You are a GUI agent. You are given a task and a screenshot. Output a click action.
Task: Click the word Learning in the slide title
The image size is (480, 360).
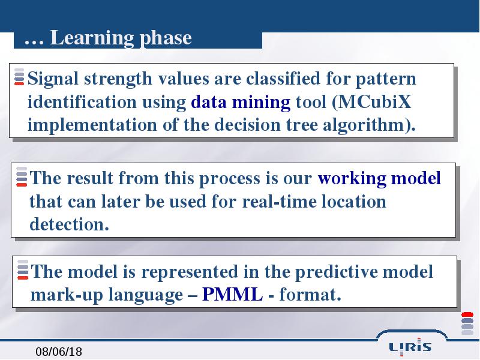point(92,38)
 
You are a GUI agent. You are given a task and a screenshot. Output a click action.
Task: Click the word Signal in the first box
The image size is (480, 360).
point(53,79)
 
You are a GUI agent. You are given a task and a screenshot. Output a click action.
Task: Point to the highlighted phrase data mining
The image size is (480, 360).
point(241,103)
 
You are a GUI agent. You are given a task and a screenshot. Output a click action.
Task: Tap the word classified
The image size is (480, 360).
point(283,79)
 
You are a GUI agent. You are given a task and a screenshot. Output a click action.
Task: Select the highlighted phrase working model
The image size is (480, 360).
point(379,178)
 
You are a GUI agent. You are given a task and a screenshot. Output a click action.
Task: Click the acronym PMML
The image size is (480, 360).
point(232,295)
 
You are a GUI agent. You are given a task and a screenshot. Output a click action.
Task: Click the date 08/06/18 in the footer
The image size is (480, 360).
point(59,352)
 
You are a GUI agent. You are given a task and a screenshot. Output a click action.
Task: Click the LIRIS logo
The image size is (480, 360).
point(410,347)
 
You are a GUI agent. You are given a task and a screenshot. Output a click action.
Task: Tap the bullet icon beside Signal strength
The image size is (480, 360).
point(19,77)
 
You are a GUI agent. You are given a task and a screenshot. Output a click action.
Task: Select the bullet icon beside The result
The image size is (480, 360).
point(22,176)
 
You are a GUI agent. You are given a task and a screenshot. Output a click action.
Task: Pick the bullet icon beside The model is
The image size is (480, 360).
point(23,269)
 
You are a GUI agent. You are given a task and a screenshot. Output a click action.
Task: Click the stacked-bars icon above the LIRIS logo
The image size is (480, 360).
point(467,323)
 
